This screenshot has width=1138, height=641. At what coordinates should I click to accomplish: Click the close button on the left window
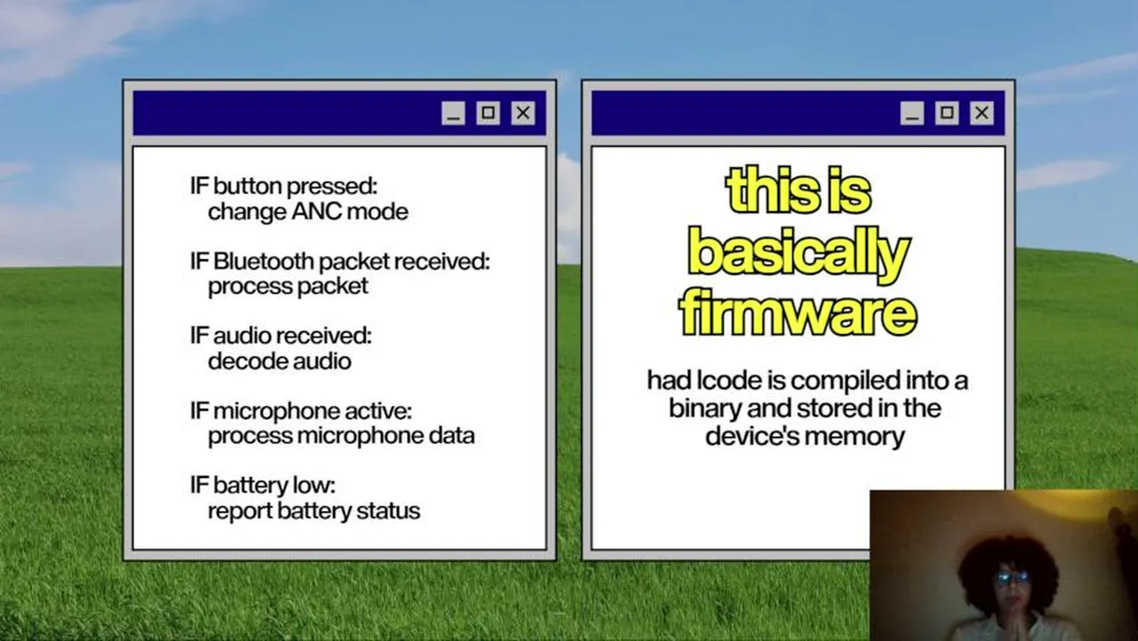(x=523, y=113)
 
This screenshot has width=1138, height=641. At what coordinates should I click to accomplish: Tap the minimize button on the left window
(x=453, y=113)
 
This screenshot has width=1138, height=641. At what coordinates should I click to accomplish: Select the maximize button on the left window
(x=488, y=113)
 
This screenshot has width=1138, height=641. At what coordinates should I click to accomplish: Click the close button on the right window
(x=981, y=113)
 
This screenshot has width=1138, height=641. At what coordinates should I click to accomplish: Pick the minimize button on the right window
(x=912, y=113)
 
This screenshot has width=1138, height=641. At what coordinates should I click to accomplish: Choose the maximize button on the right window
(x=947, y=113)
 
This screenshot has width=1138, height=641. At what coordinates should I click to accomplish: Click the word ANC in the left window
(x=317, y=212)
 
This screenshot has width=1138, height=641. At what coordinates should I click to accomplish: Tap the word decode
(x=240, y=361)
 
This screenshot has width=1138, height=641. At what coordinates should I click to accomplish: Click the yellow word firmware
(x=798, y=312)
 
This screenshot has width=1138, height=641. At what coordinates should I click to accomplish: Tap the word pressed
(x=332, y=187)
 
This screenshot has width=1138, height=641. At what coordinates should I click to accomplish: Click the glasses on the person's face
(x=1012, y=578)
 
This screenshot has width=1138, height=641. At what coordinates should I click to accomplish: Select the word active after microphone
(x=378, y=411)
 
